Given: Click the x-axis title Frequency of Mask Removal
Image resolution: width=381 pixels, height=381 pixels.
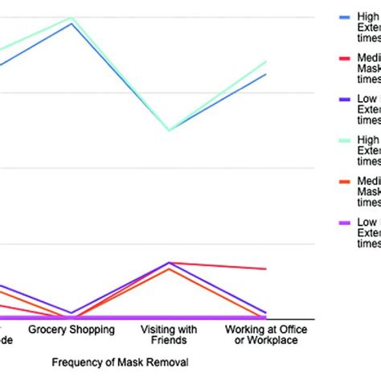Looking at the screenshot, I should click(119, 363).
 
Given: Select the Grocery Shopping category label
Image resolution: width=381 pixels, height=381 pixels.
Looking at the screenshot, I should click(72, 330).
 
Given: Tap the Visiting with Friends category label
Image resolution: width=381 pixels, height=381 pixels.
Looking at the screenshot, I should click(169, 334).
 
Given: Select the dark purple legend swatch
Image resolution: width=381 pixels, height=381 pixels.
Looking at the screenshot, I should click(345, 100).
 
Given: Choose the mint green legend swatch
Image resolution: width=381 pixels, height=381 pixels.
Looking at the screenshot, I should click(345, 141).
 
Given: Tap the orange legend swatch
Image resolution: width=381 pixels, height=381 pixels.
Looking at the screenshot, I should click(345, 182).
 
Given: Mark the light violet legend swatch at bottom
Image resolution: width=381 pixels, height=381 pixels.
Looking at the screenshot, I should click(345, 223).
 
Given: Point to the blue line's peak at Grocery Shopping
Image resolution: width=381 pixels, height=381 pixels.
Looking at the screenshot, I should click(72, 23).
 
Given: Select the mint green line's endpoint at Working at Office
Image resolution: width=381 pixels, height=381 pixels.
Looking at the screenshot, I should click(266, 61).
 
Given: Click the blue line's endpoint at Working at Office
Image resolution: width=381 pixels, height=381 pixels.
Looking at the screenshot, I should click(266, 74).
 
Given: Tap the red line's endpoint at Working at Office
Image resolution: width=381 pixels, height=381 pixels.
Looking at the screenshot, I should click(266, 268).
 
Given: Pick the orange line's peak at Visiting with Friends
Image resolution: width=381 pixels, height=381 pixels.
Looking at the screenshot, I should click(169, 269).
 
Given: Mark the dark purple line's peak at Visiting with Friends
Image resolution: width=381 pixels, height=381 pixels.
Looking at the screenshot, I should click(169, 262).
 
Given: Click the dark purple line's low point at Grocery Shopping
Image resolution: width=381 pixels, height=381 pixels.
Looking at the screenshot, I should click(72, 313).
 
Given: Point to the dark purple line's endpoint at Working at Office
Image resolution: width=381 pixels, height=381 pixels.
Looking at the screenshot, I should click(266, 312).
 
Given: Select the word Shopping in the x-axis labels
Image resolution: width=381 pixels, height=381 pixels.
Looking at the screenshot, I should click(91, 330).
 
